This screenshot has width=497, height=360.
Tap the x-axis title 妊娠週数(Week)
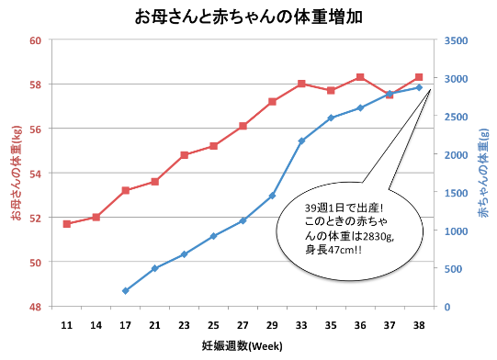[243, 345]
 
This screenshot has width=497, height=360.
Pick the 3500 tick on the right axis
[455, 40]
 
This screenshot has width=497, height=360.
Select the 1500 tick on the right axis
[455, 193]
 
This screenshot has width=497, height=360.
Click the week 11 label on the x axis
[66, 325]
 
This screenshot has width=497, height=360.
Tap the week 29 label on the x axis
[272, 325]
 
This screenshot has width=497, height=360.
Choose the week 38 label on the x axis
[419, 325]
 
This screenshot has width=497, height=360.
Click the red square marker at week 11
[66, 224]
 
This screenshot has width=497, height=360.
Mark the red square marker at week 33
[301, 84]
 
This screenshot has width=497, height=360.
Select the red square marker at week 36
[360, 77]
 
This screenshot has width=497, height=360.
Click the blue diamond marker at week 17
[125, 291]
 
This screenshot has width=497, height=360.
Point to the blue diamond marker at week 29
[272, 196]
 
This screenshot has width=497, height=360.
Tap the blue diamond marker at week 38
[419, 87]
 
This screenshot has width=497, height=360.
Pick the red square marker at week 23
[184, 155]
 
